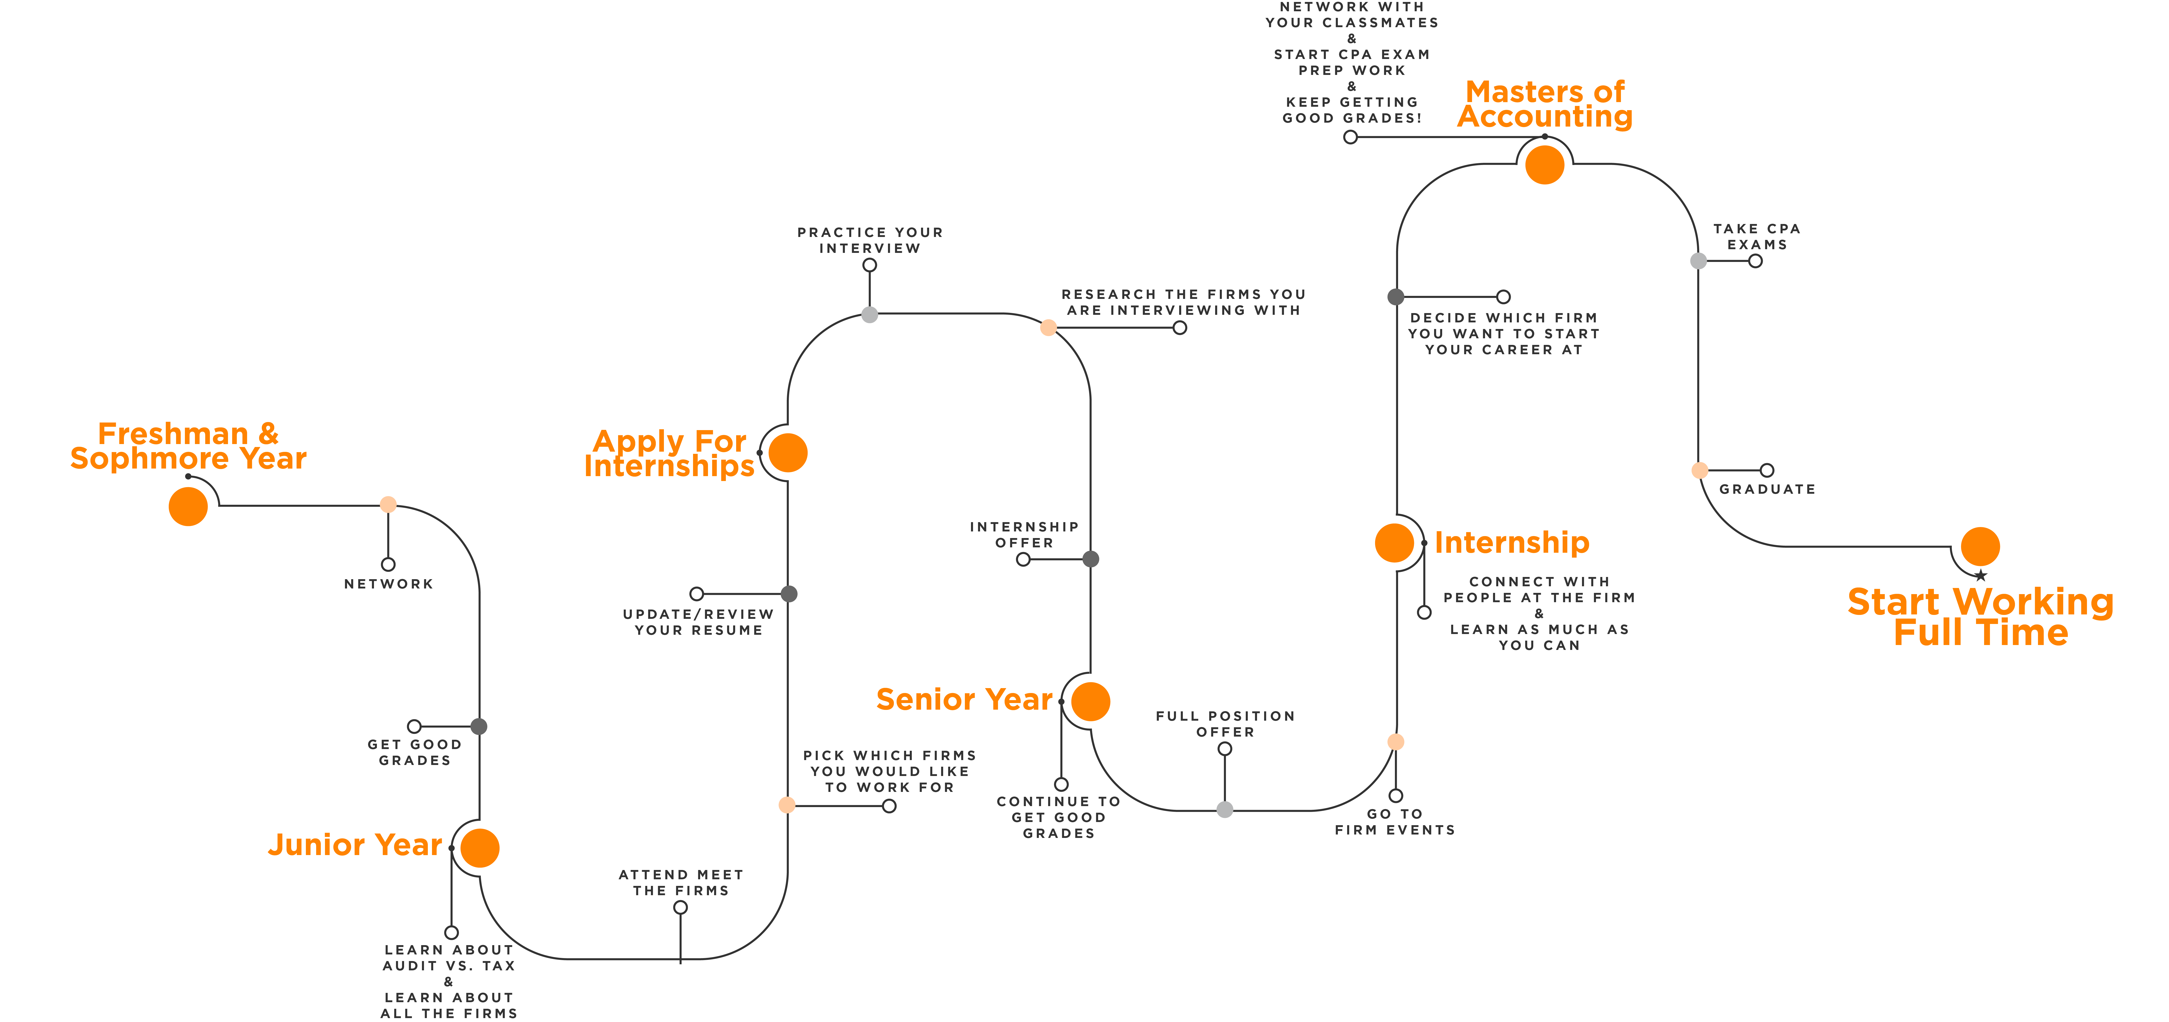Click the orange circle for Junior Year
click(x=480, y=848)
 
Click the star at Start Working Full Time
click(x=1980, y=576)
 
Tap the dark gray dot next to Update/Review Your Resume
click(x=789, y=594)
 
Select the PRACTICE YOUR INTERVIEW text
click(x=870, y=240)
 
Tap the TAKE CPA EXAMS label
click(x=1756, y=236)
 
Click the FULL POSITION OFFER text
click(x=1225, y=724)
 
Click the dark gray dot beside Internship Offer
click(x=1090, y=559)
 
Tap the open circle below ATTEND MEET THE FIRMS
click(x=680, y=907)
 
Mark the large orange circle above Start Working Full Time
click(x=1980, y=546)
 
